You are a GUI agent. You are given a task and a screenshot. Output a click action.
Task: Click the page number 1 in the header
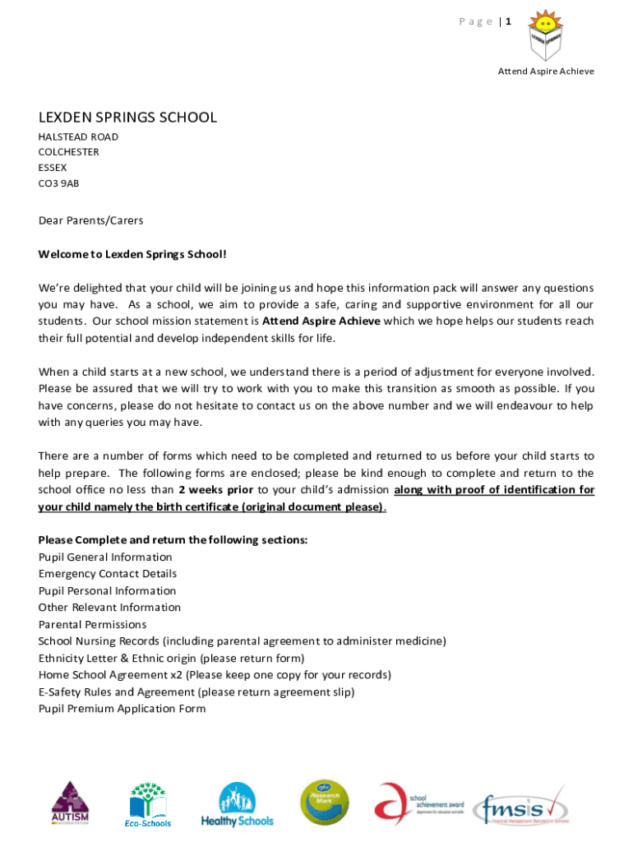508,22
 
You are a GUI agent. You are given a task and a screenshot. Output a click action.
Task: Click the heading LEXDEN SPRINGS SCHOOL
127,118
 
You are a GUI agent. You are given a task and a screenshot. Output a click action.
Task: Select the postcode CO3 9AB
59,183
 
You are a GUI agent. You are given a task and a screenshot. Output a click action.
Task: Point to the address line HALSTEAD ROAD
78,136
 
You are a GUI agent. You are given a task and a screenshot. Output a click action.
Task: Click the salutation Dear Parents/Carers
90,220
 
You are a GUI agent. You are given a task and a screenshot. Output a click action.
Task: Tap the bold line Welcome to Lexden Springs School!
132,254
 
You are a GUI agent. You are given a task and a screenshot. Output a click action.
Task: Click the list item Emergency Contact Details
108,574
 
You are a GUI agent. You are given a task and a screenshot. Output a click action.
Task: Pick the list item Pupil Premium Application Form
122,709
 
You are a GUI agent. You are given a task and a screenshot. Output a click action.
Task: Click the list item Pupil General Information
105,557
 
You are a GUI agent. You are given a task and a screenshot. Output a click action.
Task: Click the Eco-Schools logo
148,804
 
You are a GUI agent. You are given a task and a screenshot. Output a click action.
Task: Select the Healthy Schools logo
237,804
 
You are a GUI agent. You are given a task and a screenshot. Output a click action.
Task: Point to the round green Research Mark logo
324,803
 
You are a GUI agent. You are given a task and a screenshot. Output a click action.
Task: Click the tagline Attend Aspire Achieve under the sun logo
546,72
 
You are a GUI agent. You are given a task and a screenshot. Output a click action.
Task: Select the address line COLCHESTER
69,152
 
